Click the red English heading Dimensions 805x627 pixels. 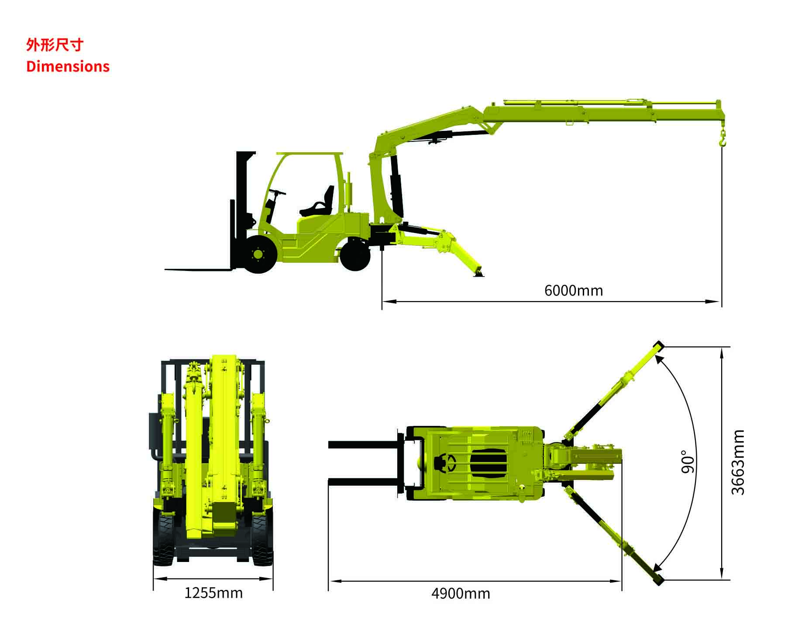(x=68, y=66)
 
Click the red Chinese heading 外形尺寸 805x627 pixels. (x=54, y=45)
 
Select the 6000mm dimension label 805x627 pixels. (x=573, y=291)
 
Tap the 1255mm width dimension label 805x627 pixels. (x=213, y=593)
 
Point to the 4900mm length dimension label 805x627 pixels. (x=461, y=594)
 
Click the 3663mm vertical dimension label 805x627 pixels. (x=738, y=462)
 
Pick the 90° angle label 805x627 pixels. (x=687, y=462)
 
